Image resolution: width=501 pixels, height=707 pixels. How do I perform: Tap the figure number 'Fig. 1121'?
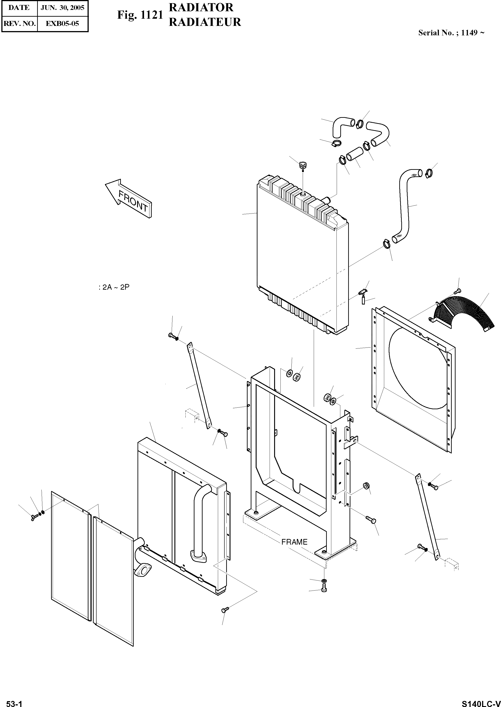tap(140, 15)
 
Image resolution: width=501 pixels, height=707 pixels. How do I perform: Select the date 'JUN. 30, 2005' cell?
tap(63, 8)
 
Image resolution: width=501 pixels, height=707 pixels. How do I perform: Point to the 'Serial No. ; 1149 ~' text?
tap(451, 33)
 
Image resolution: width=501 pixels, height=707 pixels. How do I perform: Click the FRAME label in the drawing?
tap(294, 542)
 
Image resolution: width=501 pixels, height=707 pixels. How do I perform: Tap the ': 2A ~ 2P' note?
tap(114, 287)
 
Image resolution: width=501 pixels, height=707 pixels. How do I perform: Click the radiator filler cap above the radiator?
tap(302, 165)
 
